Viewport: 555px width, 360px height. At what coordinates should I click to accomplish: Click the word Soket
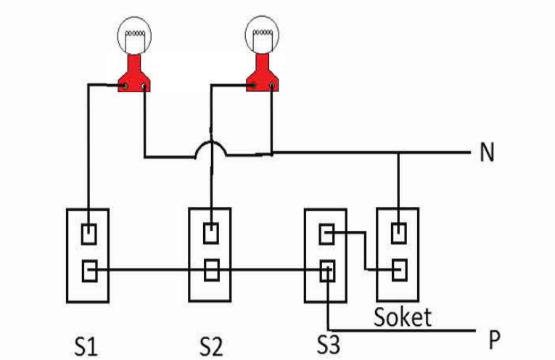[x=402, y=317]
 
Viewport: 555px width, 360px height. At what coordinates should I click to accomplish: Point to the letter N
[x=487, y=153]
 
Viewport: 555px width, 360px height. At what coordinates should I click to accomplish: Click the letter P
[x=495, y=339]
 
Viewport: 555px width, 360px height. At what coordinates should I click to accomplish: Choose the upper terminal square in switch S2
[x=210, y=234]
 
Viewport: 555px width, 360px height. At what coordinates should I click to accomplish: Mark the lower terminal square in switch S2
[x=210, y=271]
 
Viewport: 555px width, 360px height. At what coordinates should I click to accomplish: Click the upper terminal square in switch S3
[x=326, y=234]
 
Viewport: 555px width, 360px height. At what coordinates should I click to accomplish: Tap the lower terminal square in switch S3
[x=326, y=271]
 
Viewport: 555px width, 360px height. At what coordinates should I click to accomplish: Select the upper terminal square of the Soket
[x=398, y=234]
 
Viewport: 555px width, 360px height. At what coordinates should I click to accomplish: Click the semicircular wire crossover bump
[x=210, y=148]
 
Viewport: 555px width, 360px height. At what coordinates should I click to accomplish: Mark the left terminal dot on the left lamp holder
[x=126, y=86]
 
